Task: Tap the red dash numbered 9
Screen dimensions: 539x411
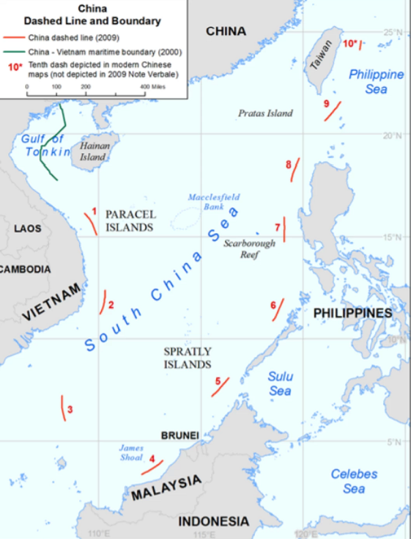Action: point(332,111)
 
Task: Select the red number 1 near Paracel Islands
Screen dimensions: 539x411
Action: point(94,210)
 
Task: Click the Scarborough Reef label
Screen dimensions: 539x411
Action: point(249,248)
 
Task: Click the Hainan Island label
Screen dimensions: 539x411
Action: point(93,151)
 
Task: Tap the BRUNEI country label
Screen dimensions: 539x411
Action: point(180,435)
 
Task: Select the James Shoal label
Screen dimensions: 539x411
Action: point(131,453)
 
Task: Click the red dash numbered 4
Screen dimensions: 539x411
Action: point(152,467)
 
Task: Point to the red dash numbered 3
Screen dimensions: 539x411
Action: point(63,408)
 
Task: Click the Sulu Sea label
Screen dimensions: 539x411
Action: point(280,383)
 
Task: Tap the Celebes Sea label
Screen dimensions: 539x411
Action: point(354,481)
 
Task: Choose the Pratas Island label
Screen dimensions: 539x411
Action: point(265,113)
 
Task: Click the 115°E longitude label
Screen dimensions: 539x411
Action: point(204,534)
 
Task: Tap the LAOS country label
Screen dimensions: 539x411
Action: point(28,228)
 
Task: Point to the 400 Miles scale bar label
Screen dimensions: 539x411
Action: point(152,86)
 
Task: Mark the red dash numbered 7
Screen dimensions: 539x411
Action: point(284,229)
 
